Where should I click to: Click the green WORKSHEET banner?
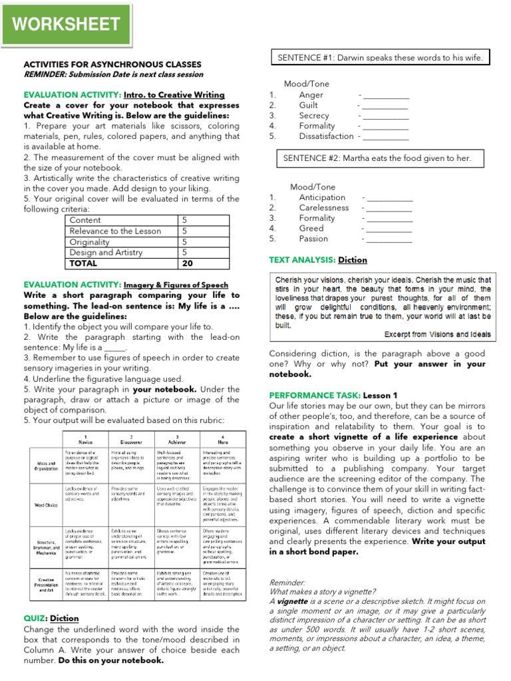pos(65,25)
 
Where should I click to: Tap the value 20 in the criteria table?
pos(187,263)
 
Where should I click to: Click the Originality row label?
pos(90,242)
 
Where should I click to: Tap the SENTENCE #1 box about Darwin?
pos(380,58)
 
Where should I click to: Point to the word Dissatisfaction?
pos(326,136)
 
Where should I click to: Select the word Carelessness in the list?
pos(324,207)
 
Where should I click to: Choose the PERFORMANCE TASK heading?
pos(314,395)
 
